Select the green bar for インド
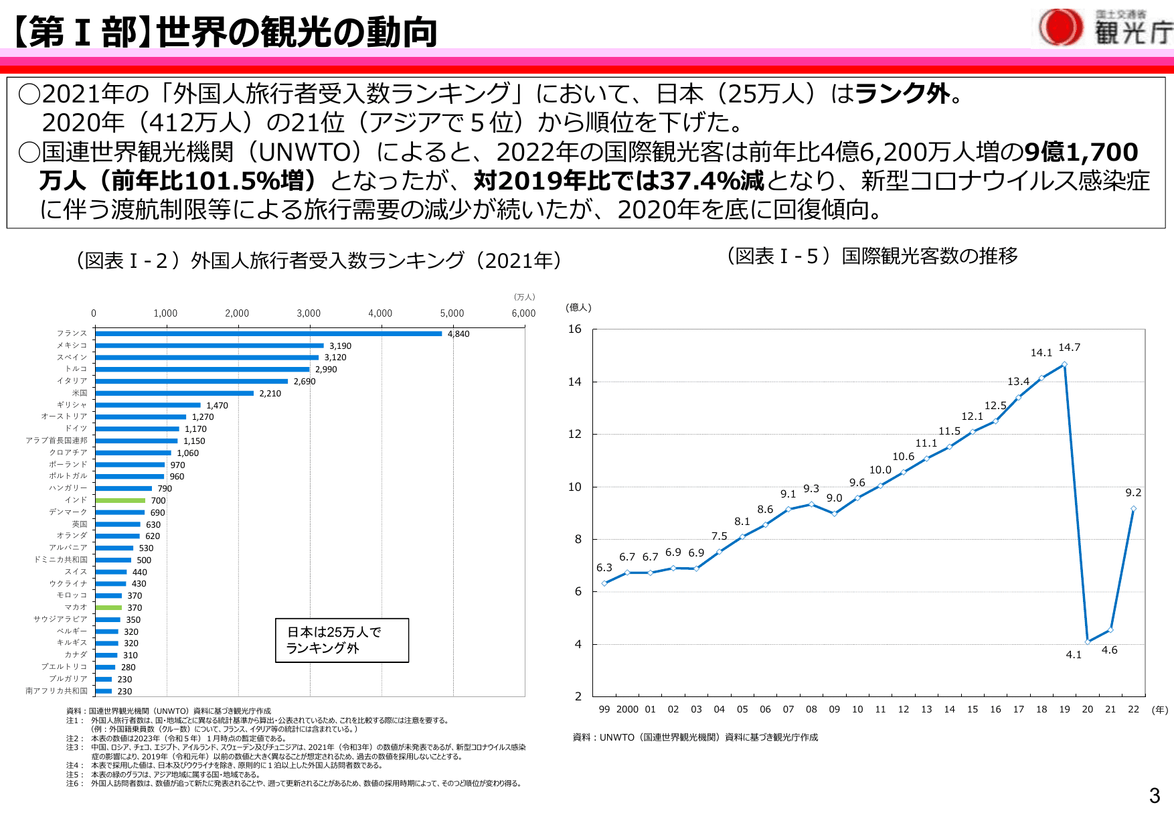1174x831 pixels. (x=120, y=500)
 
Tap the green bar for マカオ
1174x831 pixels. (x=108, y=607)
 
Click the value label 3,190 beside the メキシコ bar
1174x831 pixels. (x=340, y=346)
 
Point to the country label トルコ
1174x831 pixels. (x=76, y=369)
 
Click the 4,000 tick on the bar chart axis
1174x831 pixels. (x=380, y=313)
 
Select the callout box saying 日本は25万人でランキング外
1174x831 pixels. (x=341, y=640)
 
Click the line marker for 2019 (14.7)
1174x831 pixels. (x=1064, y=365)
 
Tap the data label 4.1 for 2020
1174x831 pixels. (x=1074, y=655)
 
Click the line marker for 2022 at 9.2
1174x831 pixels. (x=1133, y=509)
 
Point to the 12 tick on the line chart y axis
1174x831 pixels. (x=575, y=434)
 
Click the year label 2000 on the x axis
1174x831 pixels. (x=627, y=709)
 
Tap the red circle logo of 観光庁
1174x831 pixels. (x=1060, y=27)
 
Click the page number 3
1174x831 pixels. (x=1155, y=796)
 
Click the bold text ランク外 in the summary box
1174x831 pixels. (x=902, y=94)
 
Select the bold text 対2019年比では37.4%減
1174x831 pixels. (x=619, y=181)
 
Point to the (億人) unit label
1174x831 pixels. (x=578, y=307)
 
